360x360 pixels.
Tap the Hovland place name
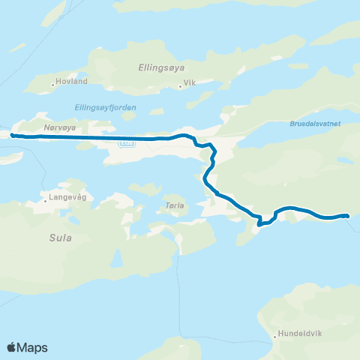tap(73, 81)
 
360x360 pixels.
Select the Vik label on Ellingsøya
tap(190, 82)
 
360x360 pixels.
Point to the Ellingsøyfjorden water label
tap(106, 107)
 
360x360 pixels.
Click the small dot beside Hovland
tap(52, 83)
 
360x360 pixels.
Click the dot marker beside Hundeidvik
tap(275, 337)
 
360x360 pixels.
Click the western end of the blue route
tap(12, 135)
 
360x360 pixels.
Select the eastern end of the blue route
tap(347, 216)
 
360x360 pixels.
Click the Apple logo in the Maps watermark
tap(12, 347)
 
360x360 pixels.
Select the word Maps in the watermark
tap(33, 348)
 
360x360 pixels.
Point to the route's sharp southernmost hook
tap(259, 223)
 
